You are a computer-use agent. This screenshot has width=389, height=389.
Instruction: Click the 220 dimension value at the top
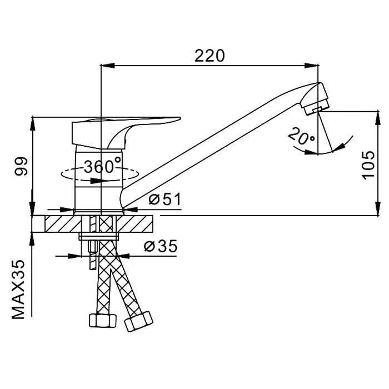(x=210, y=56)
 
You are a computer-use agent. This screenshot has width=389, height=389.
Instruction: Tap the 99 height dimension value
(x=21, y=166)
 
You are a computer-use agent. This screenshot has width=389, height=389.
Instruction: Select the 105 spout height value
(x=368, y=164)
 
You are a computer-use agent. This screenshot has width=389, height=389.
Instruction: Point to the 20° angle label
(x=302, y=136)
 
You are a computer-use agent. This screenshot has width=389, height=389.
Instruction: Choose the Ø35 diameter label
(x=161, y=246)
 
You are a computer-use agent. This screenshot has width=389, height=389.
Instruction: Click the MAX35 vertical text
(x=18, y=290)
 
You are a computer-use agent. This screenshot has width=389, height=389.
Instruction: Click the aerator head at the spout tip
(x=315, y=99)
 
